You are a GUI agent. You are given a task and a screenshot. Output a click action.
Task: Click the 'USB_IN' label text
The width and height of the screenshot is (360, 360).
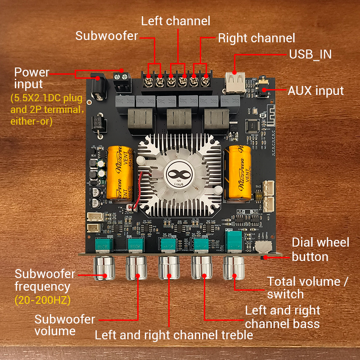point(310,54)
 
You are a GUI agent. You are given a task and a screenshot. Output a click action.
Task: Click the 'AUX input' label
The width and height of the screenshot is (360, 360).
point(316,90)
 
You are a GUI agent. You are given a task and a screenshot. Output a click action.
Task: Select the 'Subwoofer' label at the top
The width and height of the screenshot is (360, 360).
point(107,36)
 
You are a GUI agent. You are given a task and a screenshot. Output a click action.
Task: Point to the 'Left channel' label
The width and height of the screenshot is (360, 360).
point(175,21)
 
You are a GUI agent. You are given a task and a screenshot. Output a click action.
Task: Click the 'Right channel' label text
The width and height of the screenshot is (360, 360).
point(256,38)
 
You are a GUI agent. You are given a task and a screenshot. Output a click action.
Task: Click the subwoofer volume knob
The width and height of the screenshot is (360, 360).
point(136,268)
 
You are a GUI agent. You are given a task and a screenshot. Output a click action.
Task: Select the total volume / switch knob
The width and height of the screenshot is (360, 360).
point(234,268)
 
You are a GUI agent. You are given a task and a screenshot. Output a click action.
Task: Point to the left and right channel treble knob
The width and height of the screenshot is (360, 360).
point(169,268)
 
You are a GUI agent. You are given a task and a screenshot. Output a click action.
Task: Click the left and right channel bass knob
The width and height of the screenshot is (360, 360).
point(202,268)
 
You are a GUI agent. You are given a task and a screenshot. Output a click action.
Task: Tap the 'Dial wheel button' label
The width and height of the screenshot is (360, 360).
point(320,249)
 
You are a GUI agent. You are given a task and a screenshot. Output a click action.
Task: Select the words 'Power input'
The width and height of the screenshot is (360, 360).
point(31,78)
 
